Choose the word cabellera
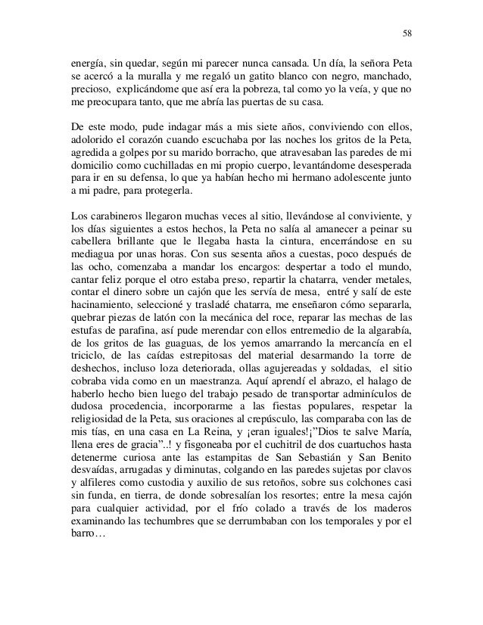pos(86,243)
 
